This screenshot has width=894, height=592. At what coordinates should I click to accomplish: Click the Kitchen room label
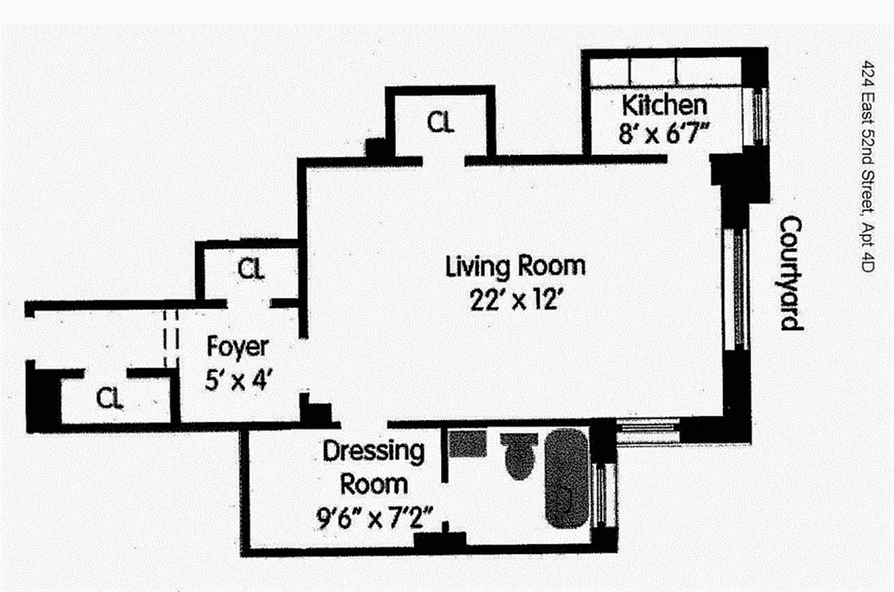pos(664,104)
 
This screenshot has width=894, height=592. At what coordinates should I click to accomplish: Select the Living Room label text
pos(515,266)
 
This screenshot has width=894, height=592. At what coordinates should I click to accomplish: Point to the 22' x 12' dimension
pos(516,301)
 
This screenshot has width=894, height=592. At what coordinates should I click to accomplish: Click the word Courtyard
pos(792,273)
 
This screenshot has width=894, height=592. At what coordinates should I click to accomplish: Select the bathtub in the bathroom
pos(566,479)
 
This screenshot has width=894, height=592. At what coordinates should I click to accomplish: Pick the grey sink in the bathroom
pos(467,443)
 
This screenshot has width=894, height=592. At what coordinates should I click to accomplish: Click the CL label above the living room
pos(440,123)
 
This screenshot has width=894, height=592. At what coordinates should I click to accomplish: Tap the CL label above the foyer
pos(251,269)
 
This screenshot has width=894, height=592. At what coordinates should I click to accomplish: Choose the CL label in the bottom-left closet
pos(109,399)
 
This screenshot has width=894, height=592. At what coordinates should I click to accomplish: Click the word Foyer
pos(237,346)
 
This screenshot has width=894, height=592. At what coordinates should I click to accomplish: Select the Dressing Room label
pos(373,468)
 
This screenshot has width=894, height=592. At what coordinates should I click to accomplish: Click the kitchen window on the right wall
pos(759,115)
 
